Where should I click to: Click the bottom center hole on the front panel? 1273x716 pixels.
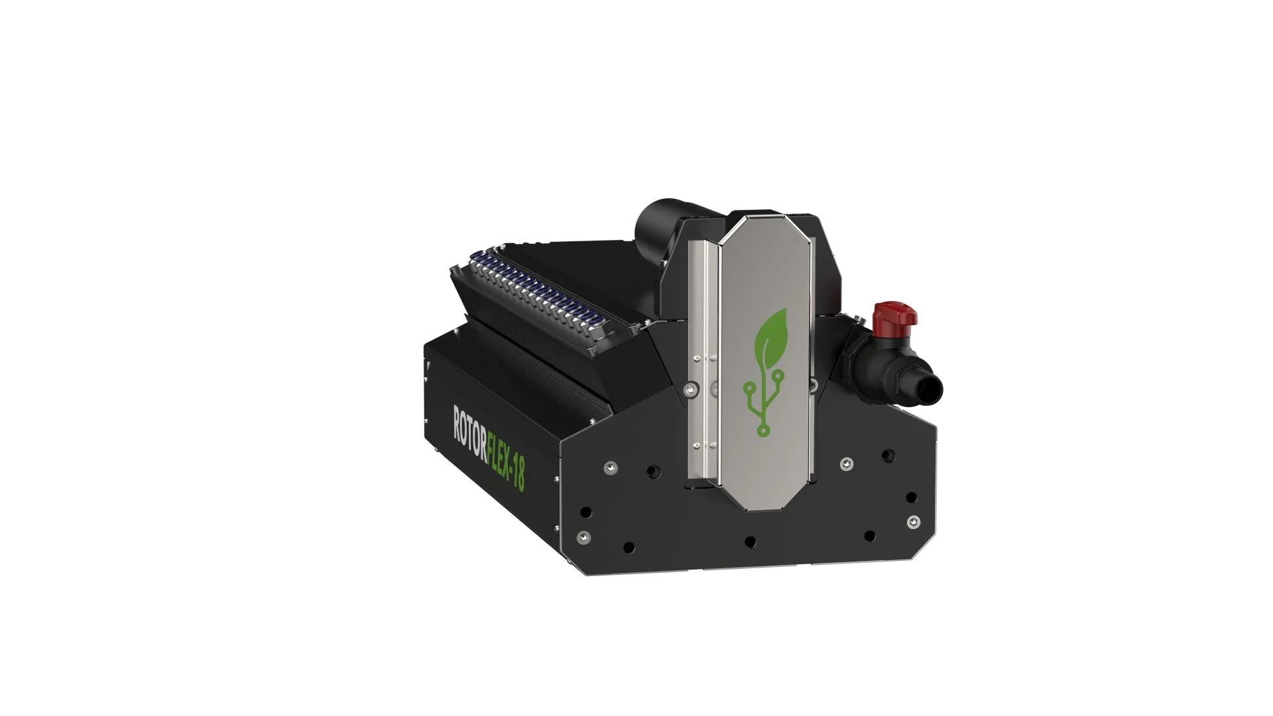click(750, 542)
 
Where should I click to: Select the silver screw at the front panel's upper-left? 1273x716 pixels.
click(607, 468)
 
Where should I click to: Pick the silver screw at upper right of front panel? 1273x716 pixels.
click(845, 461)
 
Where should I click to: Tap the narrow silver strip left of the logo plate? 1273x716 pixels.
click(703, 371)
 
